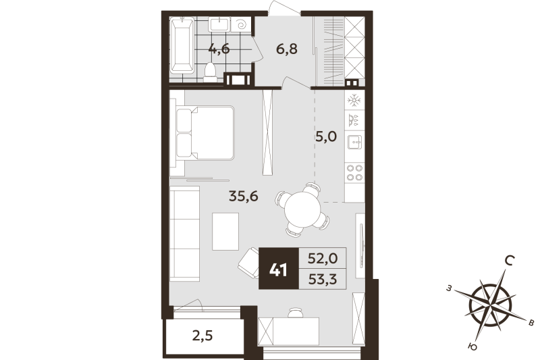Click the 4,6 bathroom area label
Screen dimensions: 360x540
217,49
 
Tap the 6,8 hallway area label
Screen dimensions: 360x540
286,49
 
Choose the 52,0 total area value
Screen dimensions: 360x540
322,257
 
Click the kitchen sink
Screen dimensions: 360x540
354,143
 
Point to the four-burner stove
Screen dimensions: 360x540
353,172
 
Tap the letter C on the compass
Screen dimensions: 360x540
512,260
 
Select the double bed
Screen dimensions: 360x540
206,133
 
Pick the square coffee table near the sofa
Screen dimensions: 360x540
226,230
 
